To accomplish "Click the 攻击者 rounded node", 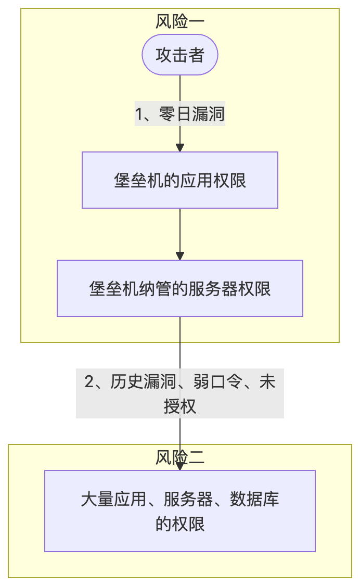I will point(179,55).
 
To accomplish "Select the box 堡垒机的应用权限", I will point(179,180).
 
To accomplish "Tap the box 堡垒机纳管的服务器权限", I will point(179,288).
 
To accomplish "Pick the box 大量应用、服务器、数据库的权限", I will point(179,511).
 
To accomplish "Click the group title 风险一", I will point(179,22).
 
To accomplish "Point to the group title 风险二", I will point(179,457).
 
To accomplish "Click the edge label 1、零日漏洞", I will point(179,113).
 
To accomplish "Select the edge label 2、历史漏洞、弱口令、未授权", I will point(179,394).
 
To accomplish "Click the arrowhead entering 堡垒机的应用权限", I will point(180,147).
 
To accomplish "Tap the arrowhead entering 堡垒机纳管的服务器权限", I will point(180,256).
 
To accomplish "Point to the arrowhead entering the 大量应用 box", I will point(180,466).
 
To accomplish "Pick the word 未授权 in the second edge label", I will point(180,405).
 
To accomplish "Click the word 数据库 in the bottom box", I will point(255,500).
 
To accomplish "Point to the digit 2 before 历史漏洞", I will point(89,383).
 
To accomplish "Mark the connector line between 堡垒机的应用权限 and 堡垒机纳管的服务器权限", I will point(180,232).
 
